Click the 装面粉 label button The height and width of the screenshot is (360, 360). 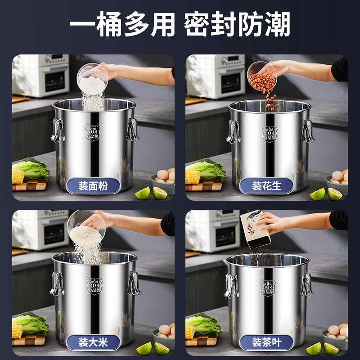[x=93, y=186]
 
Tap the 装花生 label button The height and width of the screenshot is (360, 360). [x=266, y=186]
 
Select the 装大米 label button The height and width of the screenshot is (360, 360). [x=93, y=342]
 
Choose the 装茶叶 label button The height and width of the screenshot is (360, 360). [x=266, y=342]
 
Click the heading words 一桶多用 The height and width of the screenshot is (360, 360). [x=122, y=25]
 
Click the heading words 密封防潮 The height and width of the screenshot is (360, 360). [x=237, y=25]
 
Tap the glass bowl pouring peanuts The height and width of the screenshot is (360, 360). [x=261, y=75]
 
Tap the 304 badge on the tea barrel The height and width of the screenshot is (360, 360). [x=268, y=287]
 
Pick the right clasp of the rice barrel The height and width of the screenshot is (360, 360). [x=133, y=283]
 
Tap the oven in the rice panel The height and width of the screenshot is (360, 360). [x=40, y=229]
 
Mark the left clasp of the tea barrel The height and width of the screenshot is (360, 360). [x=231, y=285]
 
